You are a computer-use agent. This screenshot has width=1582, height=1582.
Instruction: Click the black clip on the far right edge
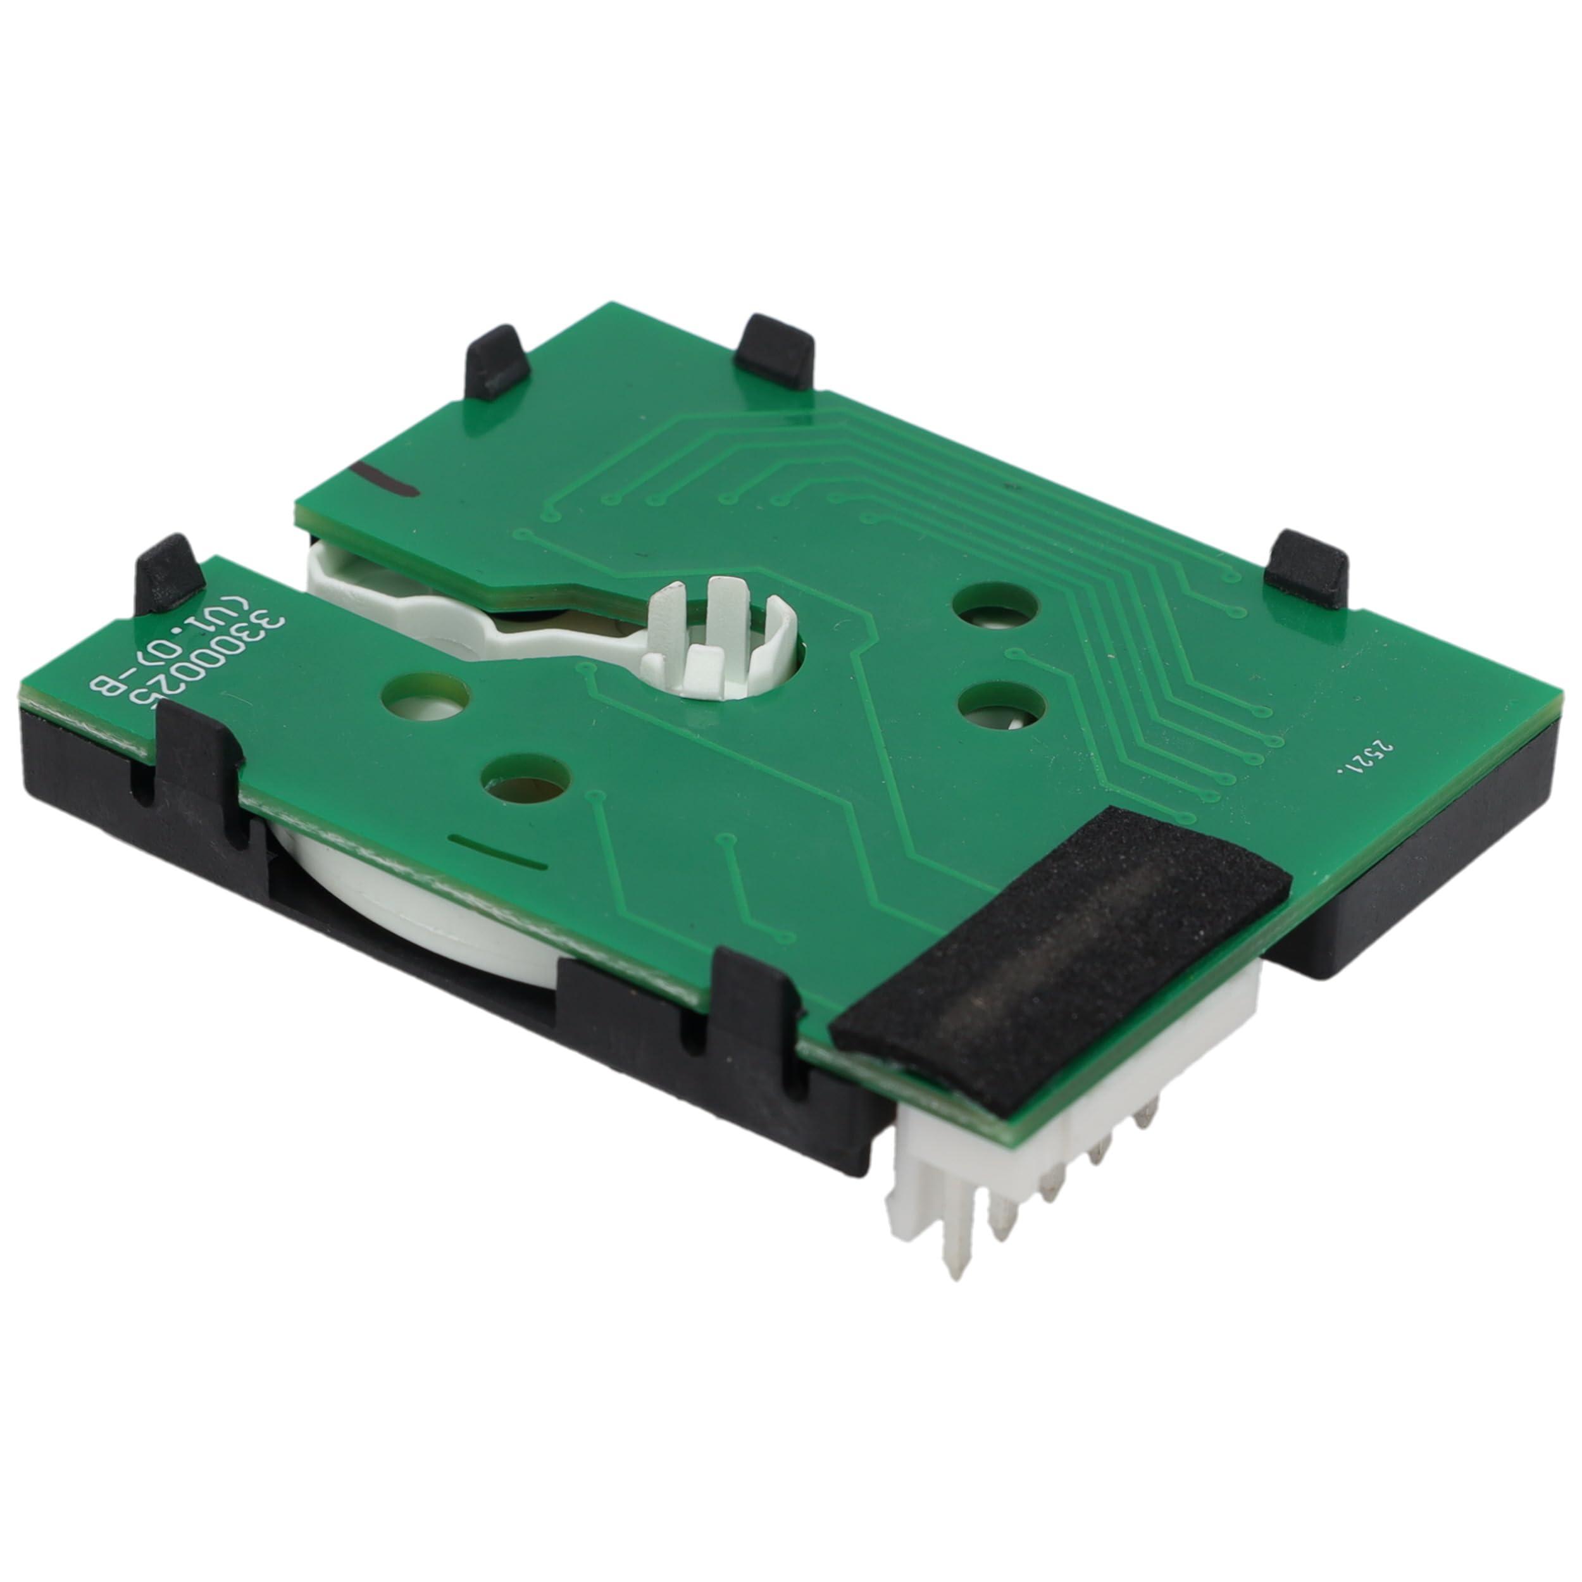tap(1305, 568)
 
